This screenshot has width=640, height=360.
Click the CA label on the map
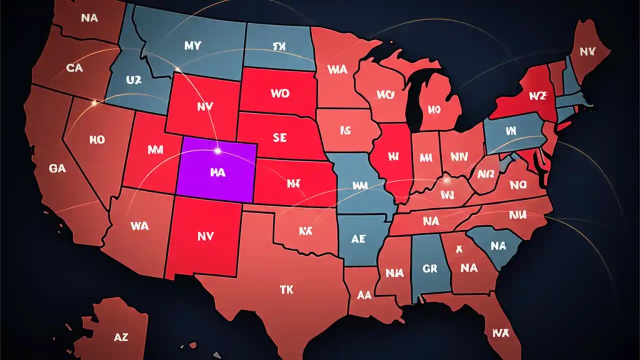pyautogui.click(x=74, y=67)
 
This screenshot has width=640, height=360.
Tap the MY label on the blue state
pyautogui.click(x=192, y=46)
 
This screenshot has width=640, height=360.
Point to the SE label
pyautogui.click(x=280, y=137)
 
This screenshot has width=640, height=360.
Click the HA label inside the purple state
pyautogui.click(x=218, y=172)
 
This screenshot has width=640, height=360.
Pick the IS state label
pyautogui.click(x=345, y=131)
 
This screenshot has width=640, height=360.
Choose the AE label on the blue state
pyautogui.click(x=358, y=239)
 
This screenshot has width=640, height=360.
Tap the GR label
pyautogui.click(x=430, y=268)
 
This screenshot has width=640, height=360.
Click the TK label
pyautogui.click(x=286, y=289)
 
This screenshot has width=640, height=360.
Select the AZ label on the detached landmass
pyautogui.click(x=121, y=337)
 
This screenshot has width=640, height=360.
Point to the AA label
pyautogui.click(x=364, y=295)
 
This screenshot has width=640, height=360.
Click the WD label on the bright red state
pyautogui.click(x=280, y=93)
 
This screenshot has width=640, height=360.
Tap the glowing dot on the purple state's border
pyautogui.click(x=217, y=149)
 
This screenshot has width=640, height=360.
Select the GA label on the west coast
pyautogui.click(x=57, y=168)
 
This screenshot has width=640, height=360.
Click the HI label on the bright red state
pyautogui.click(x=393, y=156)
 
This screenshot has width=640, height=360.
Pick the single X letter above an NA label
pyautogui.click(x=459, y=249)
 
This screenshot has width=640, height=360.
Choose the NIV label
pyautogui.click(x=459, y=157)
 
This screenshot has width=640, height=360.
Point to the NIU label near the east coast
pyautogui.click(x=518, y=215)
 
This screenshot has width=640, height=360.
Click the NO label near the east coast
pyautogui.click(x=518, y=185)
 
